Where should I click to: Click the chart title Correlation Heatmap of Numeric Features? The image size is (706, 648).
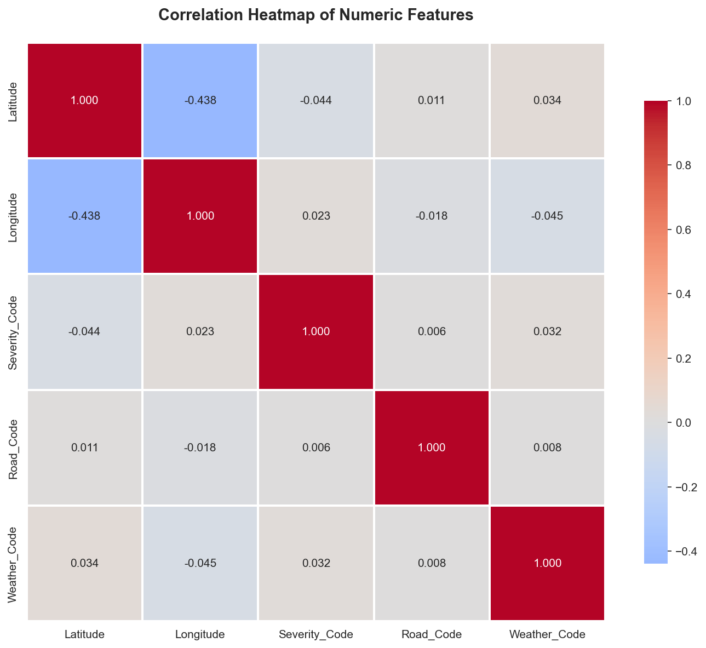[315, 15]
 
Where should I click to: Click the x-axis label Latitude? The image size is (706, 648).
[84, 635]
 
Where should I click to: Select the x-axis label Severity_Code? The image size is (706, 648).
[315, 635]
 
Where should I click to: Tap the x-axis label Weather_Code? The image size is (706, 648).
[547, 635]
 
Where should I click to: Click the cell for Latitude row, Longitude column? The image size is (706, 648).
[200, 100]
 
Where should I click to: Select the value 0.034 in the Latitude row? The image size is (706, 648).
[547, 100]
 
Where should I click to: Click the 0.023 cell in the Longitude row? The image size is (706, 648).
[315, 216]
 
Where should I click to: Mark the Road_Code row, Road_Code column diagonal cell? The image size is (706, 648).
[432, 448]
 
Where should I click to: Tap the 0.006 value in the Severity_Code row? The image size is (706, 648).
[432, 331]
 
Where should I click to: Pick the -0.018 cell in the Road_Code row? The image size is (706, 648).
[200, 448]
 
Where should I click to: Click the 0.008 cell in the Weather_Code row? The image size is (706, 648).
[432, 563]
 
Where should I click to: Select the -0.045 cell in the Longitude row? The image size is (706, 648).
[547, 216]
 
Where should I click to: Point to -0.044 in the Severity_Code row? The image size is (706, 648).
[84, 331]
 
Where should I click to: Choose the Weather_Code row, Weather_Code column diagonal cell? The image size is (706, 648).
[547, 563]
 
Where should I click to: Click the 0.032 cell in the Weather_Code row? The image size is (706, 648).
[315, 563]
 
